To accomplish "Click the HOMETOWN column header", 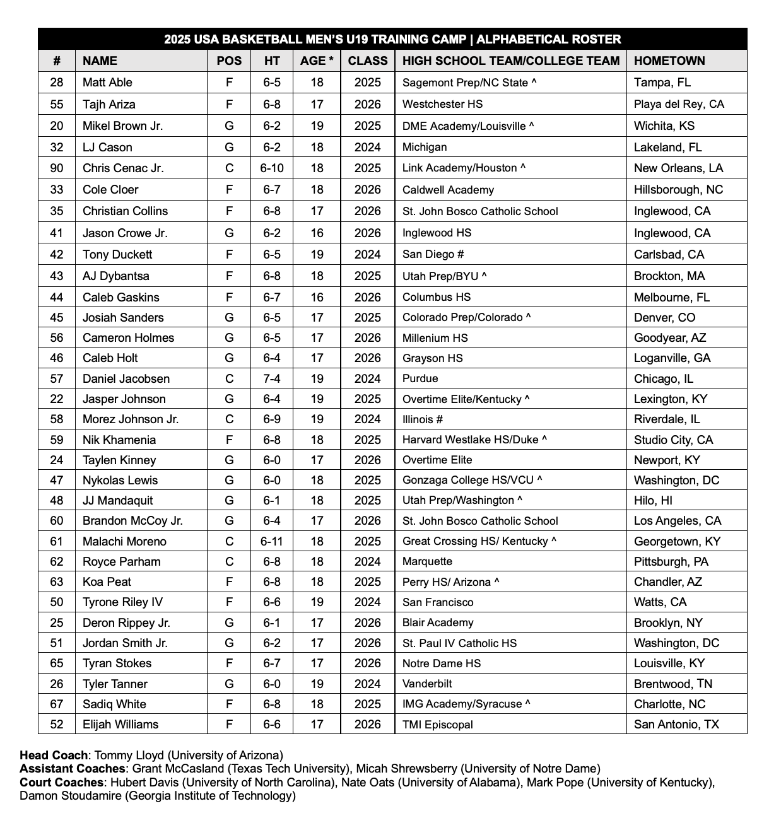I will (x=669, y=61).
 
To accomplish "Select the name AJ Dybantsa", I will (x=116, y=276).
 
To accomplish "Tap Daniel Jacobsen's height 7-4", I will (x=272, y=378).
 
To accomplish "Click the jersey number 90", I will (x=57, y=168).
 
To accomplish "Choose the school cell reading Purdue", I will (x=420, y=378).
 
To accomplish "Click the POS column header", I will (x=229, y=61).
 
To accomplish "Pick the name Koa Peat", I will (x=107, y=581).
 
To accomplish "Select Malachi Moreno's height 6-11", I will (x=272, y=541).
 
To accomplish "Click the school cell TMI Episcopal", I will (x=438, y=724).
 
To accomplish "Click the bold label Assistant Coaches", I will (x=72, y=768).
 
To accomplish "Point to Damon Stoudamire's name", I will (x=70, y=795).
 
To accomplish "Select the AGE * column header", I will (x=317, y=61).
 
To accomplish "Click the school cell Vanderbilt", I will (x=427, y=684).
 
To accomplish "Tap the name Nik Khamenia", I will (x=119, y=440).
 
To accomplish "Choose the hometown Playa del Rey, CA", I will (x=679, y=104).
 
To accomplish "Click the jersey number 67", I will (x=57, y=704).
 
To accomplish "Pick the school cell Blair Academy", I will (x=438, y=622).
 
